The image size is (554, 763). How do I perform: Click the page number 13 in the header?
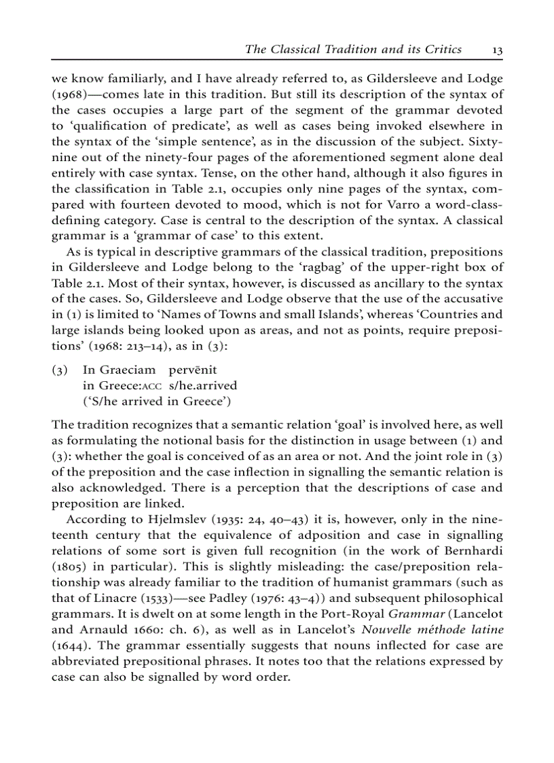click(497, 50)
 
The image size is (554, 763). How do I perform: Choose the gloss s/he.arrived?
click(202, 385)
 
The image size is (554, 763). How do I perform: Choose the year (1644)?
click(71, 645)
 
